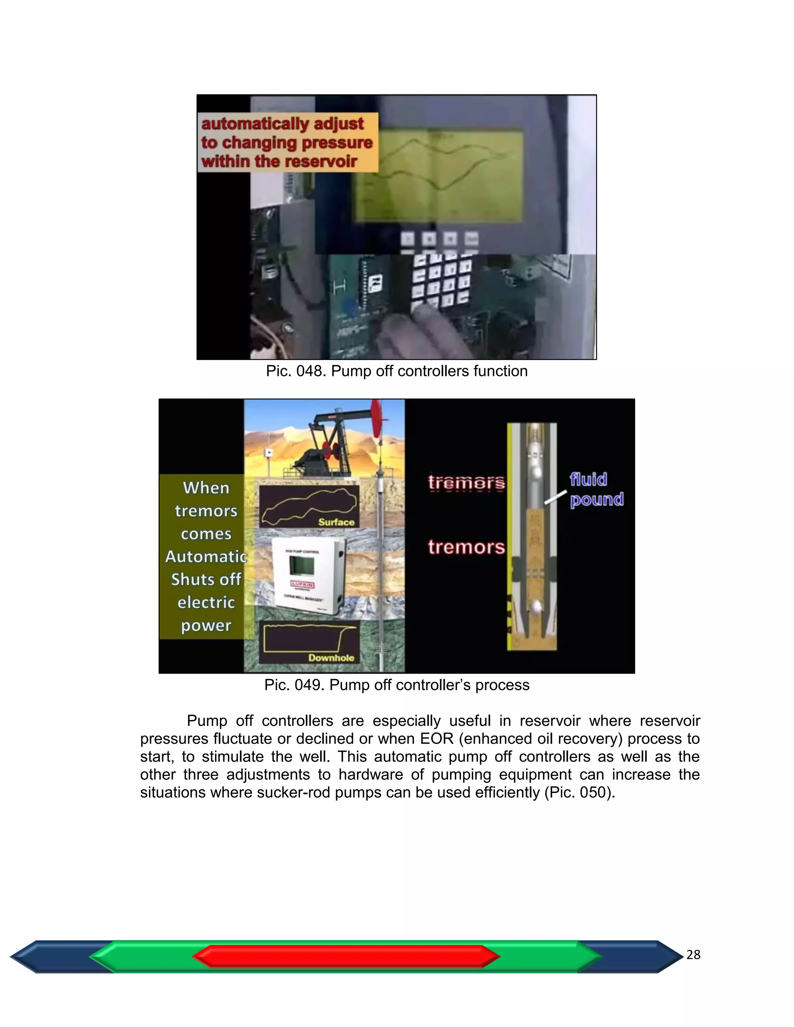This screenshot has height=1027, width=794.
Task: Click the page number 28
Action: click(x=693, y=955)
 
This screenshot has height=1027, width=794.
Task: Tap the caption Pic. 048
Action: click(x=397, y=371)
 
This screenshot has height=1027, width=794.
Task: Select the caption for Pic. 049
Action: click(x=397, y=685)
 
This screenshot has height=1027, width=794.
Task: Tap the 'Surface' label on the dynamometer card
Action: click(x=336, y=522)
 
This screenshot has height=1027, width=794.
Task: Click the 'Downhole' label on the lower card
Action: click(x=331, y=657)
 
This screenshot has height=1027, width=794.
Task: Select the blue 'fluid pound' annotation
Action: click(x=596, y=489)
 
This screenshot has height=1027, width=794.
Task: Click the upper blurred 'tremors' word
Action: click(x=466, y=482)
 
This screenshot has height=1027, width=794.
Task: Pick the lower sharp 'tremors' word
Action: click(x=466, y=547)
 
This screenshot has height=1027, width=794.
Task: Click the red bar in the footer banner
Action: click(x=346, y=956)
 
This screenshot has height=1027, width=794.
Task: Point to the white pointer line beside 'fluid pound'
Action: click(x=556, y=497)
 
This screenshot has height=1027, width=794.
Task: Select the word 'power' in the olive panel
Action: click(x=206, y=626)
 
